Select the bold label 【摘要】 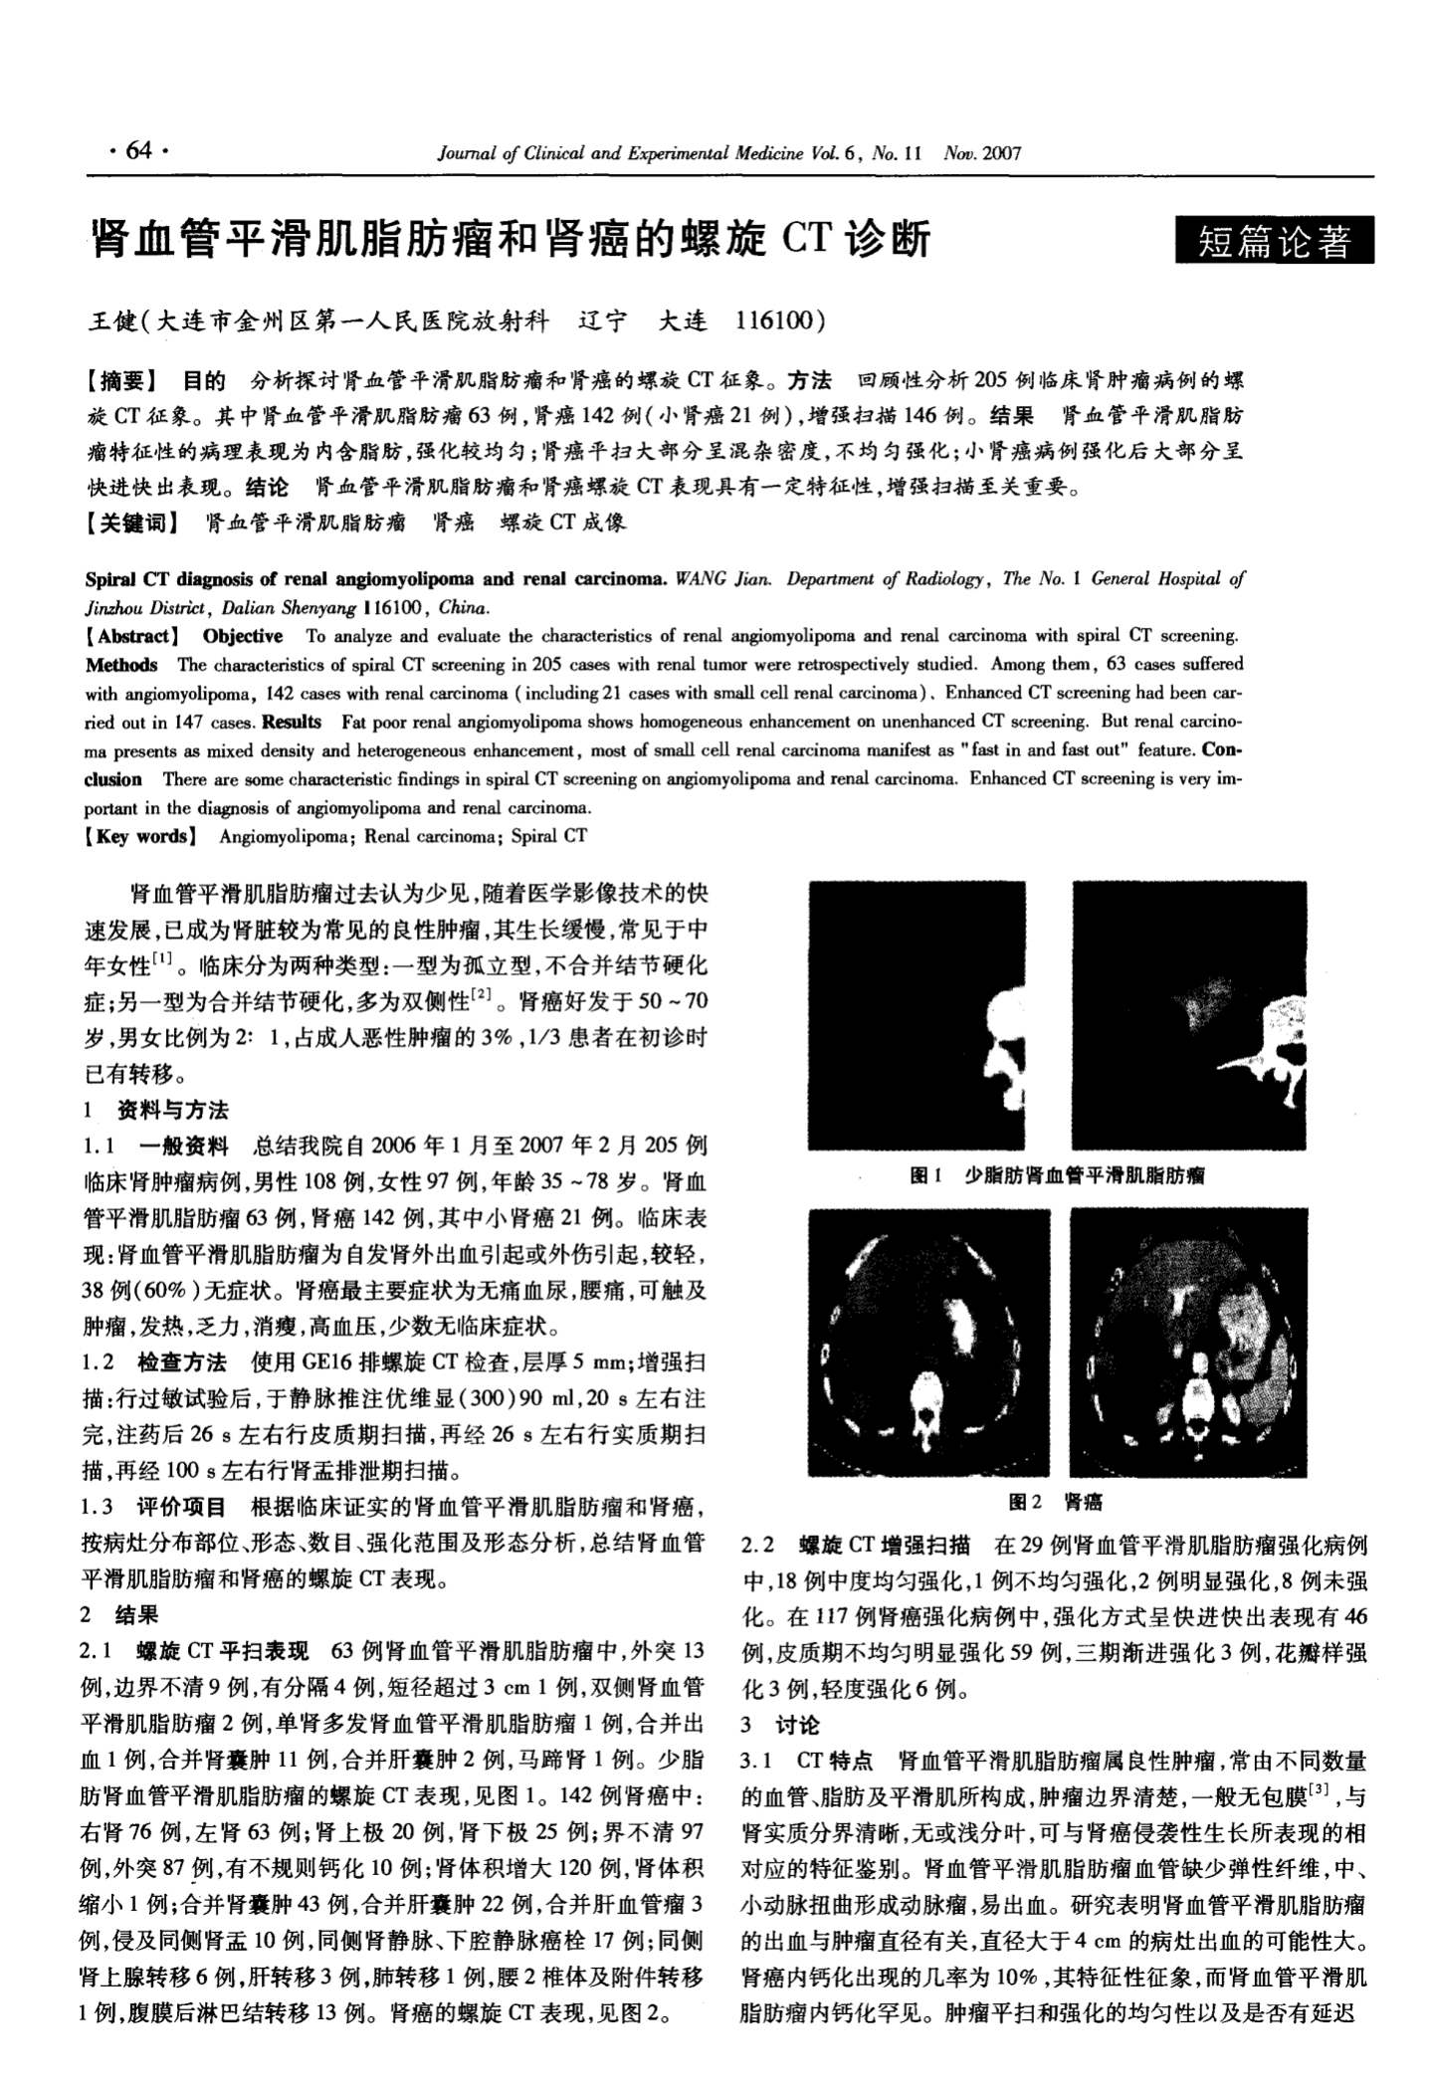pos(121,379)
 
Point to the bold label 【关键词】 pos(133,522)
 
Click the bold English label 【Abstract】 pos(132,636)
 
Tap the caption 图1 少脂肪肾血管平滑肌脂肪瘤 pos(1057,1175)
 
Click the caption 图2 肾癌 pos(1054,1501)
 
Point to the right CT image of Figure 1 pos(1188,1016)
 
